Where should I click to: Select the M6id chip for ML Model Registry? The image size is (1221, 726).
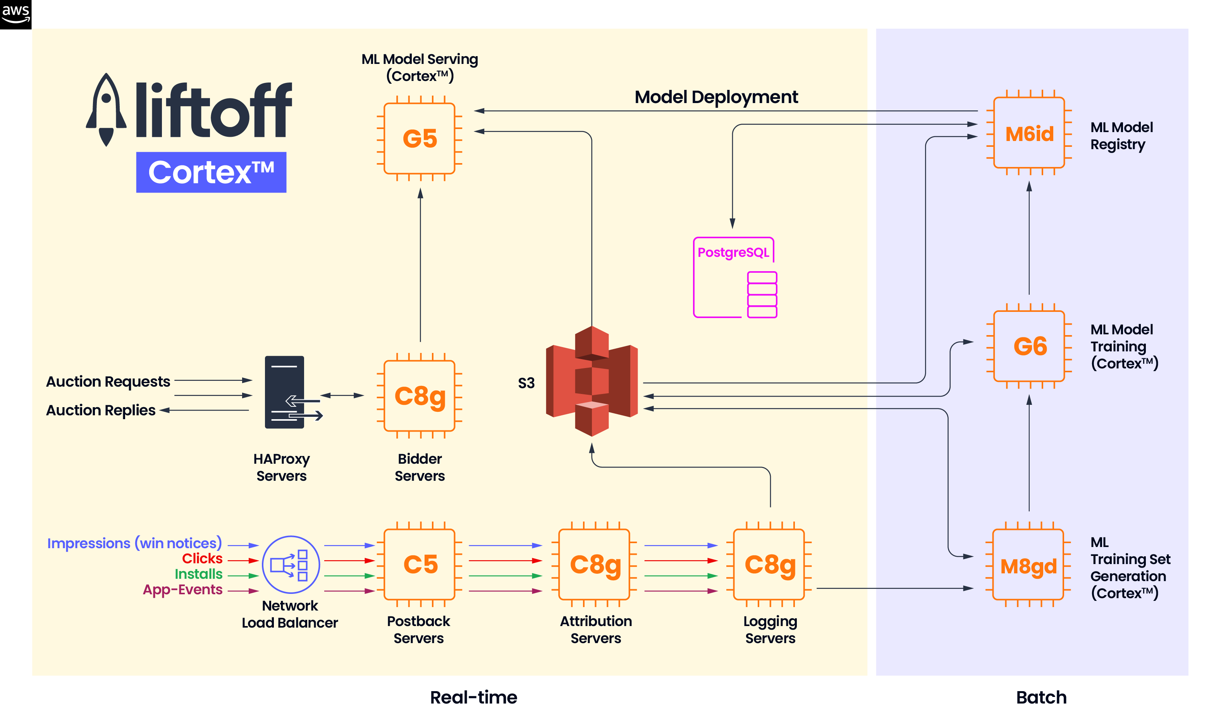(1029, 133)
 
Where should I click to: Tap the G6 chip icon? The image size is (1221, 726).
(1029, 346)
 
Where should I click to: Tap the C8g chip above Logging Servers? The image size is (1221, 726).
(769, 564)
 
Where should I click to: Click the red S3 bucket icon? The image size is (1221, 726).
(592, 381)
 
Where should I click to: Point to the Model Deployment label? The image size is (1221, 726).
(716, 97)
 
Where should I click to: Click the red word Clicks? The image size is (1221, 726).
(202, 558)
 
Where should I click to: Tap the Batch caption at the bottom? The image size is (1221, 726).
(1040, 697)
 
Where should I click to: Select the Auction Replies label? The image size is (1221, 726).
(101, 410)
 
